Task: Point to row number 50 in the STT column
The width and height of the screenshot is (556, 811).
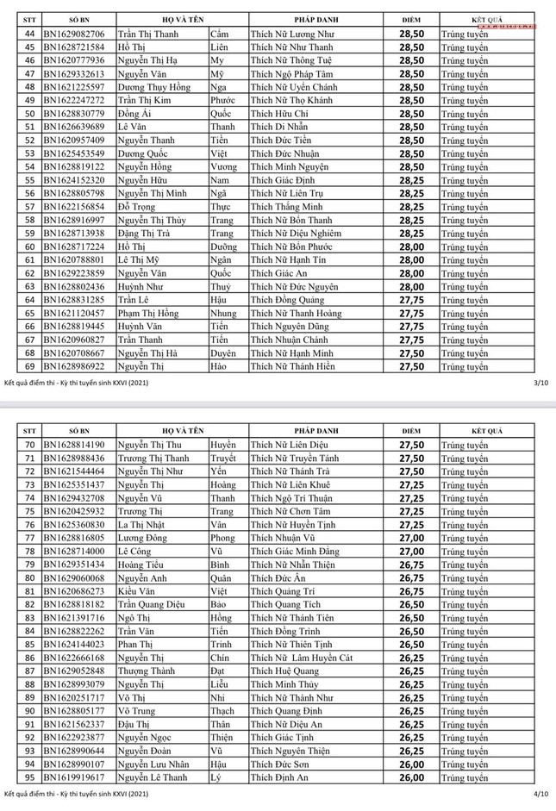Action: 29,114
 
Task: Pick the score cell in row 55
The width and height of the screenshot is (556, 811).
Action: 411,180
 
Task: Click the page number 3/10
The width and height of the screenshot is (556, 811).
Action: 540,381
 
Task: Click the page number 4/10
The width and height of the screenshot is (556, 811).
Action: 540,792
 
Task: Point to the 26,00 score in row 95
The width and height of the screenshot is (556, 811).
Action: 411,777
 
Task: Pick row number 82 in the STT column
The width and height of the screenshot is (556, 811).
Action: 29,604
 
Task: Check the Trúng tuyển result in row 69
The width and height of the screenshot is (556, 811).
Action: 464,366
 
